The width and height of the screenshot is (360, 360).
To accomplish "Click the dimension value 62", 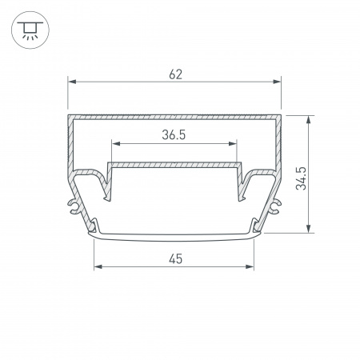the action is click(175, 74).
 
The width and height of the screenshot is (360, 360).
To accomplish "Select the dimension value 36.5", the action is click(174, 135).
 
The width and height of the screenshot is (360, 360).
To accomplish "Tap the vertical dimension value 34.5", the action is click(301, 178).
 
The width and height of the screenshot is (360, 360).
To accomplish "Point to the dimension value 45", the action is click(175, 259).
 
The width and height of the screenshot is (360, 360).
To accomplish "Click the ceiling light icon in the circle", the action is click(30, 30).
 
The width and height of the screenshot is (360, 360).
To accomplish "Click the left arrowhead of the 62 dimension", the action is click(72, 82).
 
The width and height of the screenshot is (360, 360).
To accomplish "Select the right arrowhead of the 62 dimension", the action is click(277, 82).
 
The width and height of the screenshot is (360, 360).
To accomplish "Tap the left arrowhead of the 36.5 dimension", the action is click(116, 144).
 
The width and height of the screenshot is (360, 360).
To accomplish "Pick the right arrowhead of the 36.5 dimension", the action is click(233, 144).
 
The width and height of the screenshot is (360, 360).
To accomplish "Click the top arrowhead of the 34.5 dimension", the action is click(308, 120).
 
